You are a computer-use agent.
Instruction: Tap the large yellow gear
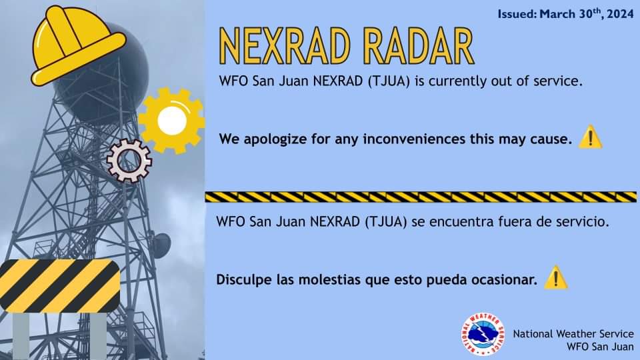(171, 121)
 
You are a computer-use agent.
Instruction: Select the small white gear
(129, 161)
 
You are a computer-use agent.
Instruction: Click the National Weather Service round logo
(483, 334)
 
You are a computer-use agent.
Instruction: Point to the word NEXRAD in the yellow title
(285, 46)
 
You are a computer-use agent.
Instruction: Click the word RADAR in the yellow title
(419, 46)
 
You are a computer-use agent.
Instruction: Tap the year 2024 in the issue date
(620, 14)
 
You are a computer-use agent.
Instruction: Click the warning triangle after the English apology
(590, 137)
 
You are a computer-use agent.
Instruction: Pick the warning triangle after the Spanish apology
(556, 277)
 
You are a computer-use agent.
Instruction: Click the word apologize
(275, 139)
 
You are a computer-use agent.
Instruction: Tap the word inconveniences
(414, 139)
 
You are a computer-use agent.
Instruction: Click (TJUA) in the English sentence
(389, 81)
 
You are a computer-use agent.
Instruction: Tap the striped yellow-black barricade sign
(59, 286)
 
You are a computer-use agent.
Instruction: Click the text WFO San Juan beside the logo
(600, 347)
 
